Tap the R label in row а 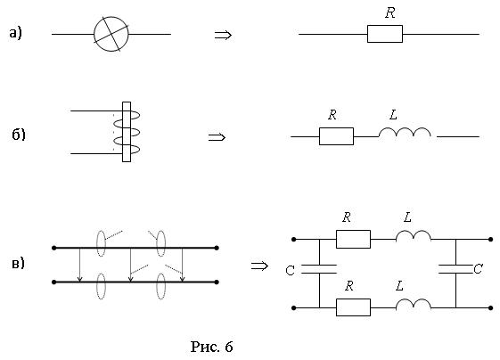pyautogui.click(x=390, y=12)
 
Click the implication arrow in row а pyautogui.click(x=223, y=35)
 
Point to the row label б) pyautogui.click(x=19, y=135)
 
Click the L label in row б pyautogui.click(x=394, y=115)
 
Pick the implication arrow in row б pyautogui.click(x=217, y=137)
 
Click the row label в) pyautogui.click(x=18, y=264)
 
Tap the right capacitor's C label pyautogui.click(x=478, y=269)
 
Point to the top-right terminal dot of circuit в pyautogui.click(x=491, y=239)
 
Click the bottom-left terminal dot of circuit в pyautogui.click(x=294, y=307)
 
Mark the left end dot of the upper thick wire pyautogui.click(x=53, y=248)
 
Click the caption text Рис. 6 pyautogui.click(x=211, y=347)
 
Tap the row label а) pyautogui.click(x=15, y=33)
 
